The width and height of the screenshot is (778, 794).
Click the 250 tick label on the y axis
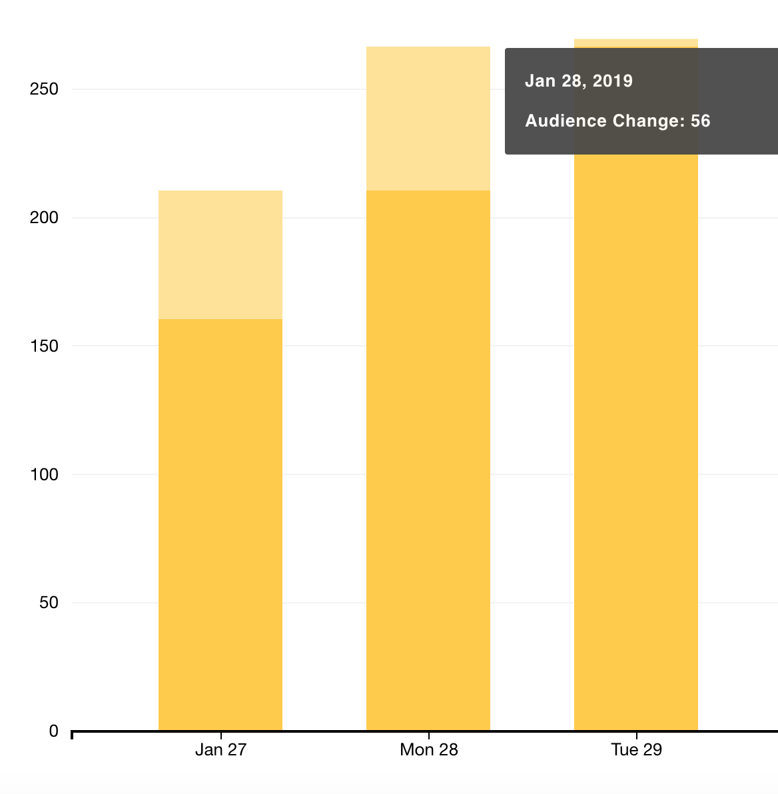[44, 89]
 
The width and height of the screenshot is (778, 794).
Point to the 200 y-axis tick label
[44, 218]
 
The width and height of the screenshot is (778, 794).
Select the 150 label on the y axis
[44, 346]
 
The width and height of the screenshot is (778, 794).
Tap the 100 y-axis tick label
[44, 475]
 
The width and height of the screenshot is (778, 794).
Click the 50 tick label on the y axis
[49, 603]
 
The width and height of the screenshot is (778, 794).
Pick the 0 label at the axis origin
[54, 731]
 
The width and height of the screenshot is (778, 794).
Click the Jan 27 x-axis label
[221, 749]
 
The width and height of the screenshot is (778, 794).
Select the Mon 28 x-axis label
[428, 749]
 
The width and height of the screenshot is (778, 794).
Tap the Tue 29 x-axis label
[636, 749]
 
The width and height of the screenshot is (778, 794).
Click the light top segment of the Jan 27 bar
[220, 254]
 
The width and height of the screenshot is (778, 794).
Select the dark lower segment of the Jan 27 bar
[220, 525]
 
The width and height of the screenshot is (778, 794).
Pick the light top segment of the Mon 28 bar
[428, 119]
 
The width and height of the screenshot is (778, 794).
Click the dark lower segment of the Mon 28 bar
[428, 460]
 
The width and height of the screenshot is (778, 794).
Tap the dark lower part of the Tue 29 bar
[635, 440]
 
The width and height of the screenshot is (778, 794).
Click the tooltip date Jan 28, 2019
[578, 81]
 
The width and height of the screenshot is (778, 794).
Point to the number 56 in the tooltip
[701, 121]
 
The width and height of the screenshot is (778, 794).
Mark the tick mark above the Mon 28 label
[428, 735]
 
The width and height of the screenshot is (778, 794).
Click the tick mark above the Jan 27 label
[221, 735]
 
